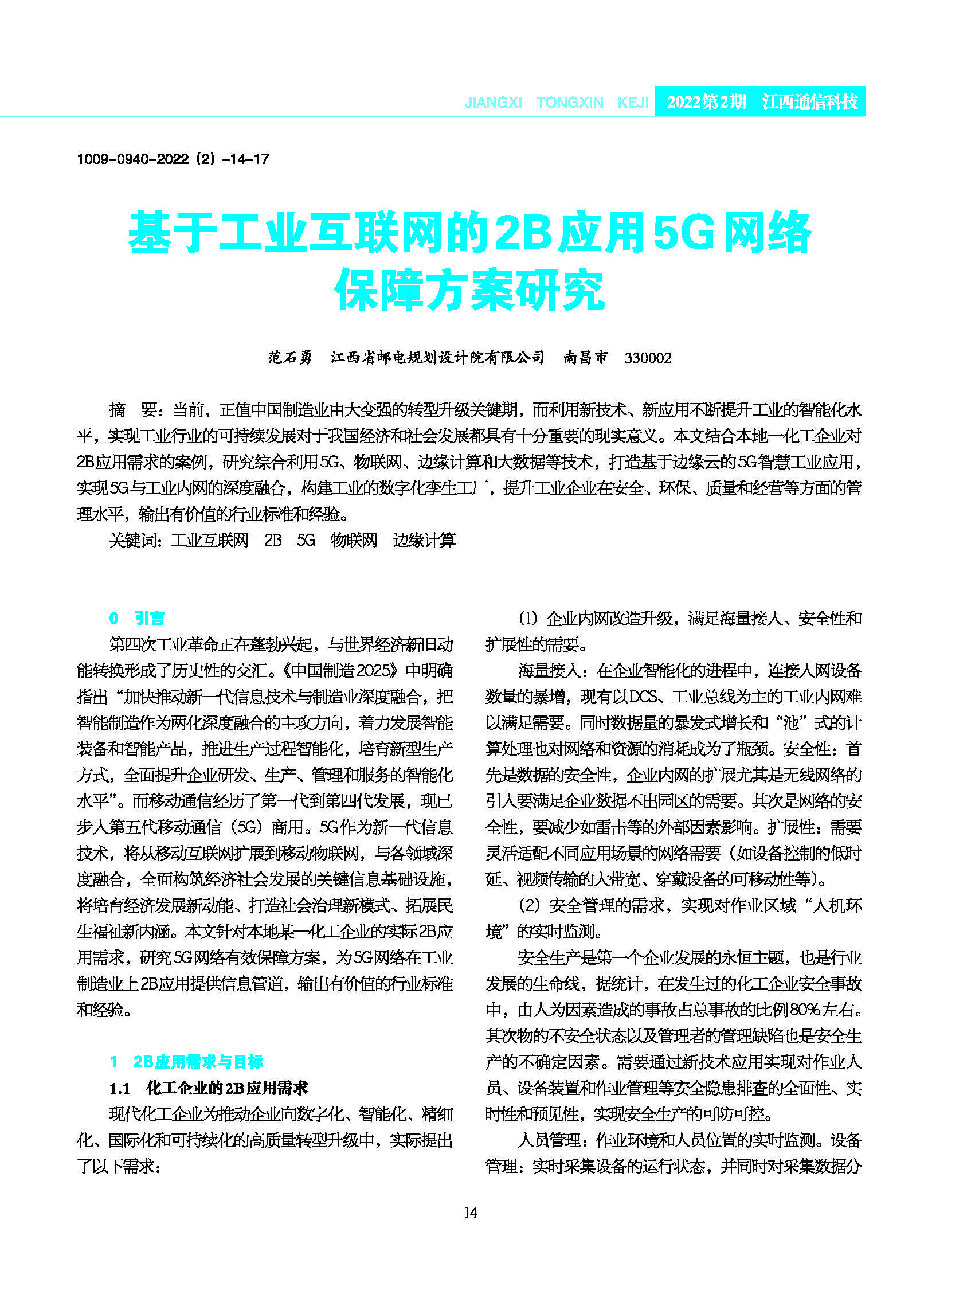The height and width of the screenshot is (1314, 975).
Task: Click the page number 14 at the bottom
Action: click(471, 1213)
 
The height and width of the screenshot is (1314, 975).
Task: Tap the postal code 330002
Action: click(648, 358)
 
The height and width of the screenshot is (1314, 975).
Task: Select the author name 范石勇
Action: click(290, 358)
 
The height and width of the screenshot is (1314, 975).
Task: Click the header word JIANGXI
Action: click(493, 103)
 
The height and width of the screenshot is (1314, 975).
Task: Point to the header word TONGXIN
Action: click(570, 103)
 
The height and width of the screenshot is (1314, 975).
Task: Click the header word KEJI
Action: click(633, 103)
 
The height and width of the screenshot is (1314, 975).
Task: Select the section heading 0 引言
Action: click(137, 618)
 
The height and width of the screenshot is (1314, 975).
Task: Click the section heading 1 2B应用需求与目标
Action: click(186, 1062)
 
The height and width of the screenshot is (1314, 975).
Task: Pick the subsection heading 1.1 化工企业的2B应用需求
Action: click(209, 1088)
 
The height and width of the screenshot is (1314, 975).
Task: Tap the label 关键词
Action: click(134, 540)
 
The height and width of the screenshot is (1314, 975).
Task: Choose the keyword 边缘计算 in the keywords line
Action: click(424, 540)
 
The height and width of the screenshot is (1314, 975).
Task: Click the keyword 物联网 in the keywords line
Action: click(354, 540)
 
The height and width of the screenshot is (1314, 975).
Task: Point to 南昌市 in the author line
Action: click(585, 358)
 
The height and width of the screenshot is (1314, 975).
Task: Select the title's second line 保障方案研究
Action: click(470, 291)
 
